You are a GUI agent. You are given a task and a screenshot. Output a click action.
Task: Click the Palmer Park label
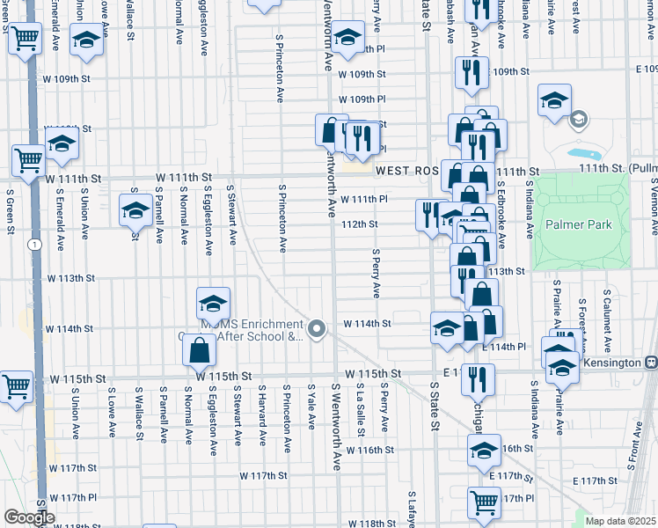(x=578, y=225)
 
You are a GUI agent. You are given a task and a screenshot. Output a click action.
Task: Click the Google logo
(x=28, y=517)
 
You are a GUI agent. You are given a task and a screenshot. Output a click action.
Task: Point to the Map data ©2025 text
(x=621, y=520)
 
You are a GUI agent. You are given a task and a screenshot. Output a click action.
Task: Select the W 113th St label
(x=70, y=278)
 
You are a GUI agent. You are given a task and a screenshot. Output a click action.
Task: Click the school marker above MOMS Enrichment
(x=213, y=304)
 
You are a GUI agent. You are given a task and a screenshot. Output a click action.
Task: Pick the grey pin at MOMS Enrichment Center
(x=318, y=329)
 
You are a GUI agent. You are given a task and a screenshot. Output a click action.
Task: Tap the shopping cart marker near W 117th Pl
(x=484, y=502)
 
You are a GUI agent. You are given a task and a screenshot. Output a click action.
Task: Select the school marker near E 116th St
(x=483, y=451)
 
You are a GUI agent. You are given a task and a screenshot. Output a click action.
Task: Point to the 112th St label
(x=360, y=224)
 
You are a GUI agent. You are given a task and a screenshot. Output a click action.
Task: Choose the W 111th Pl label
(x=364, y=199)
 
